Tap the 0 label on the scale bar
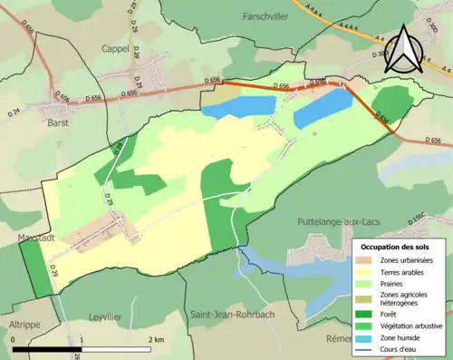14,339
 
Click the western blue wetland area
237,106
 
